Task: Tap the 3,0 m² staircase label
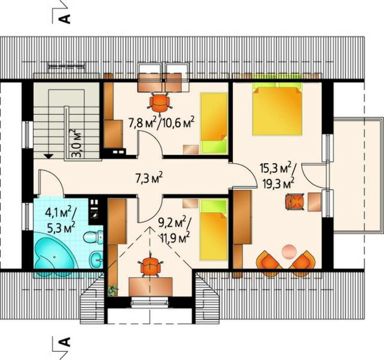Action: (76, 144)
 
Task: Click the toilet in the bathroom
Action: (93, 237)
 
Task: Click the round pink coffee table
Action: (289, 251)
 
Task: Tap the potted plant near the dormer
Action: (113, 290)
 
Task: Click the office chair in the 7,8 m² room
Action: (159, 102)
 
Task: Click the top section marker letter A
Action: (65, 18)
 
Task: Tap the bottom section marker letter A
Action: (65, 342)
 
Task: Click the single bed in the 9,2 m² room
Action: (214, 230)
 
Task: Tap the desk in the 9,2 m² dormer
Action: (151, 287)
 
